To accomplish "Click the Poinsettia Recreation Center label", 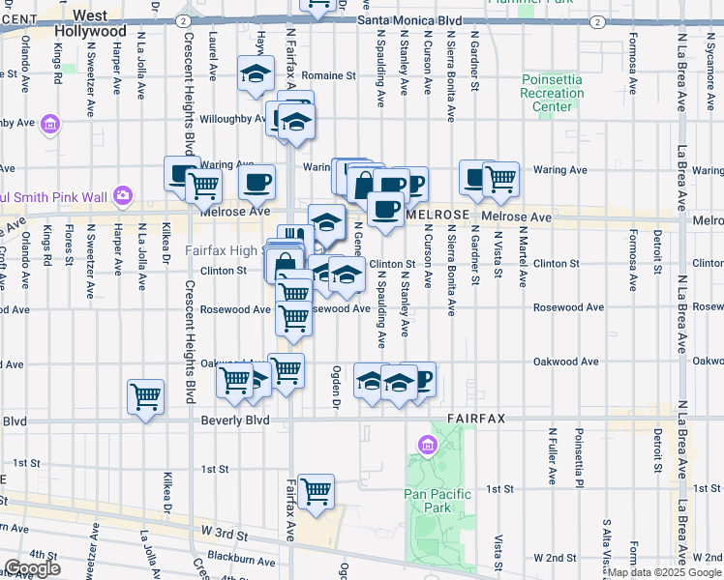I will pos(553,93).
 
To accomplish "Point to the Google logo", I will pos(32,568).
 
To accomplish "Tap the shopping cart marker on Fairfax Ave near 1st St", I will pos(316,492).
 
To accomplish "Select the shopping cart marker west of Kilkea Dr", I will pos(145,395).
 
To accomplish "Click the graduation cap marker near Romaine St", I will pos(256,73).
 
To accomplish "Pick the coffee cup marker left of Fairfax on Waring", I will pos(256,181).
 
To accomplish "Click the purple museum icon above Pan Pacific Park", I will pos(426,445).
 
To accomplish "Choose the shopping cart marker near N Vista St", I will pos(500,178).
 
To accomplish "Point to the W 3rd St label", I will pos(226,533).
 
